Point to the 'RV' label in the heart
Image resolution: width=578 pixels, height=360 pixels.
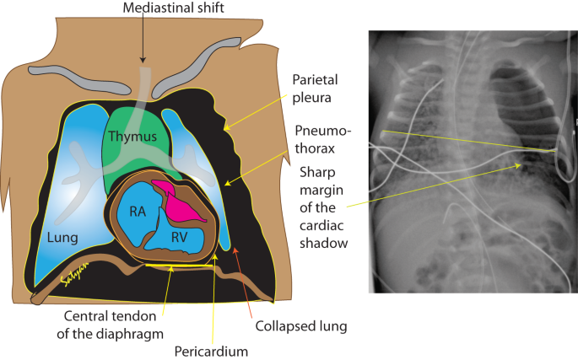tap(178, 239)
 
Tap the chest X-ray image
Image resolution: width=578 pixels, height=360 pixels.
tap(473, 160)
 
